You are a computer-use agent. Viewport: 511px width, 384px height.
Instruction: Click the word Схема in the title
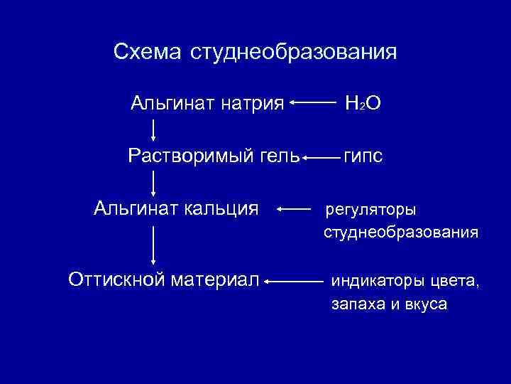(147, 53)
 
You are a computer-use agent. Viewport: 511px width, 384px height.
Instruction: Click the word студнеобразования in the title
(293, 53)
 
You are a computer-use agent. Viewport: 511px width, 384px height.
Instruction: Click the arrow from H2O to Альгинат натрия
(313, 103)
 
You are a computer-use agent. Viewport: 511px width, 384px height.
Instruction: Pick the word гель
(278, 155)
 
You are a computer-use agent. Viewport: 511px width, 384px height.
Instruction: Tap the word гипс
(363, 156)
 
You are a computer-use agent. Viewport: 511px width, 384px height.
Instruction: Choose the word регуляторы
(371, 210)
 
